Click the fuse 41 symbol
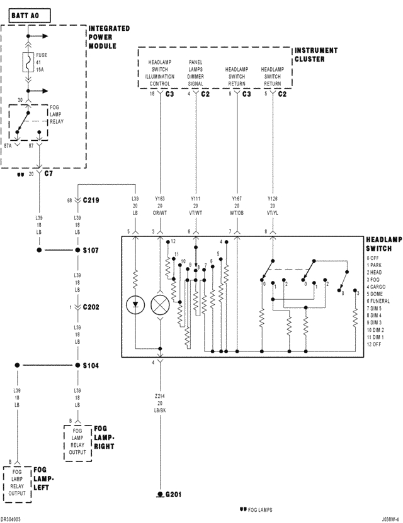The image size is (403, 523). click(x=28, y=63)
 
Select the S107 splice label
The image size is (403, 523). click(x=91, y=250)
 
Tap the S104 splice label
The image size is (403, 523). click(x=91, y=365)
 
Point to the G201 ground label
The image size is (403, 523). click(x=173, y=495)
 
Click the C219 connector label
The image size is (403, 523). click(x=91, y=201)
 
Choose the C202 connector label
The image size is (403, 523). click(x=91, y=307)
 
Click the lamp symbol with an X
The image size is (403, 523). click(x=160, y=306)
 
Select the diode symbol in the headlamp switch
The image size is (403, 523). click(x=135, y=306)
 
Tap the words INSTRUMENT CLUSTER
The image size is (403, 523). click(x=316, y=55)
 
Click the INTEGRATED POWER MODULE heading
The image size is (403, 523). click(x=110, y=36)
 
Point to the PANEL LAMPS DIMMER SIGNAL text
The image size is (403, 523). click(x=196, y=73)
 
